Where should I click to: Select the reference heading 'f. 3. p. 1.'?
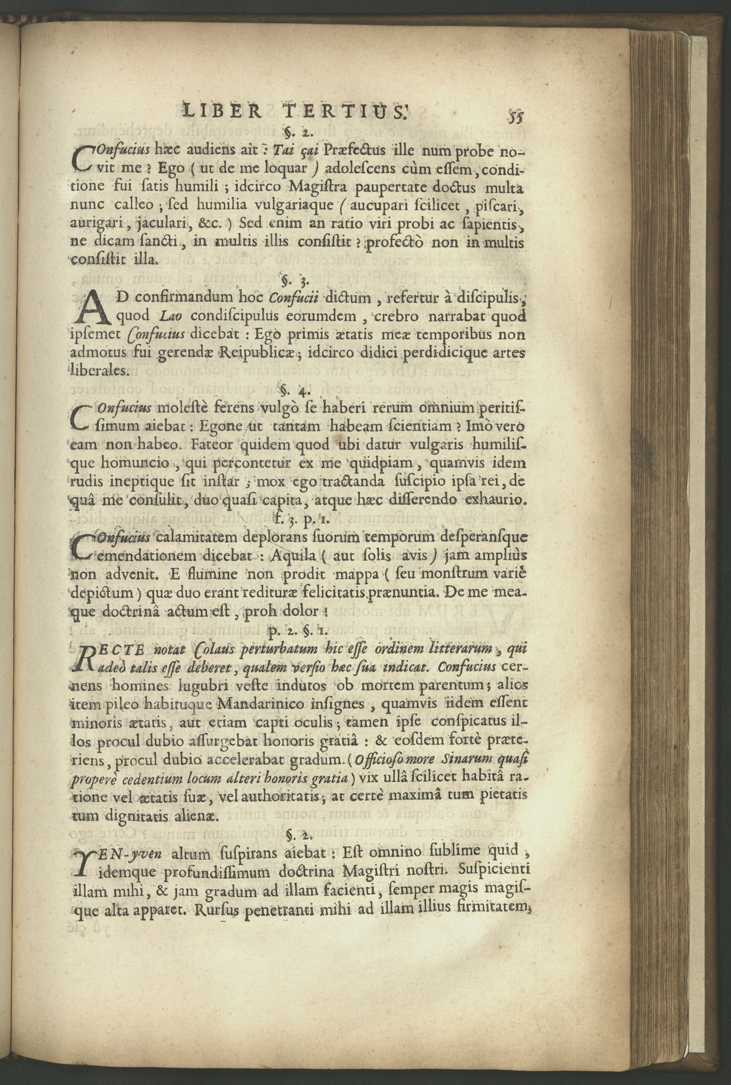pyautogui.click(x=296, y=518)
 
